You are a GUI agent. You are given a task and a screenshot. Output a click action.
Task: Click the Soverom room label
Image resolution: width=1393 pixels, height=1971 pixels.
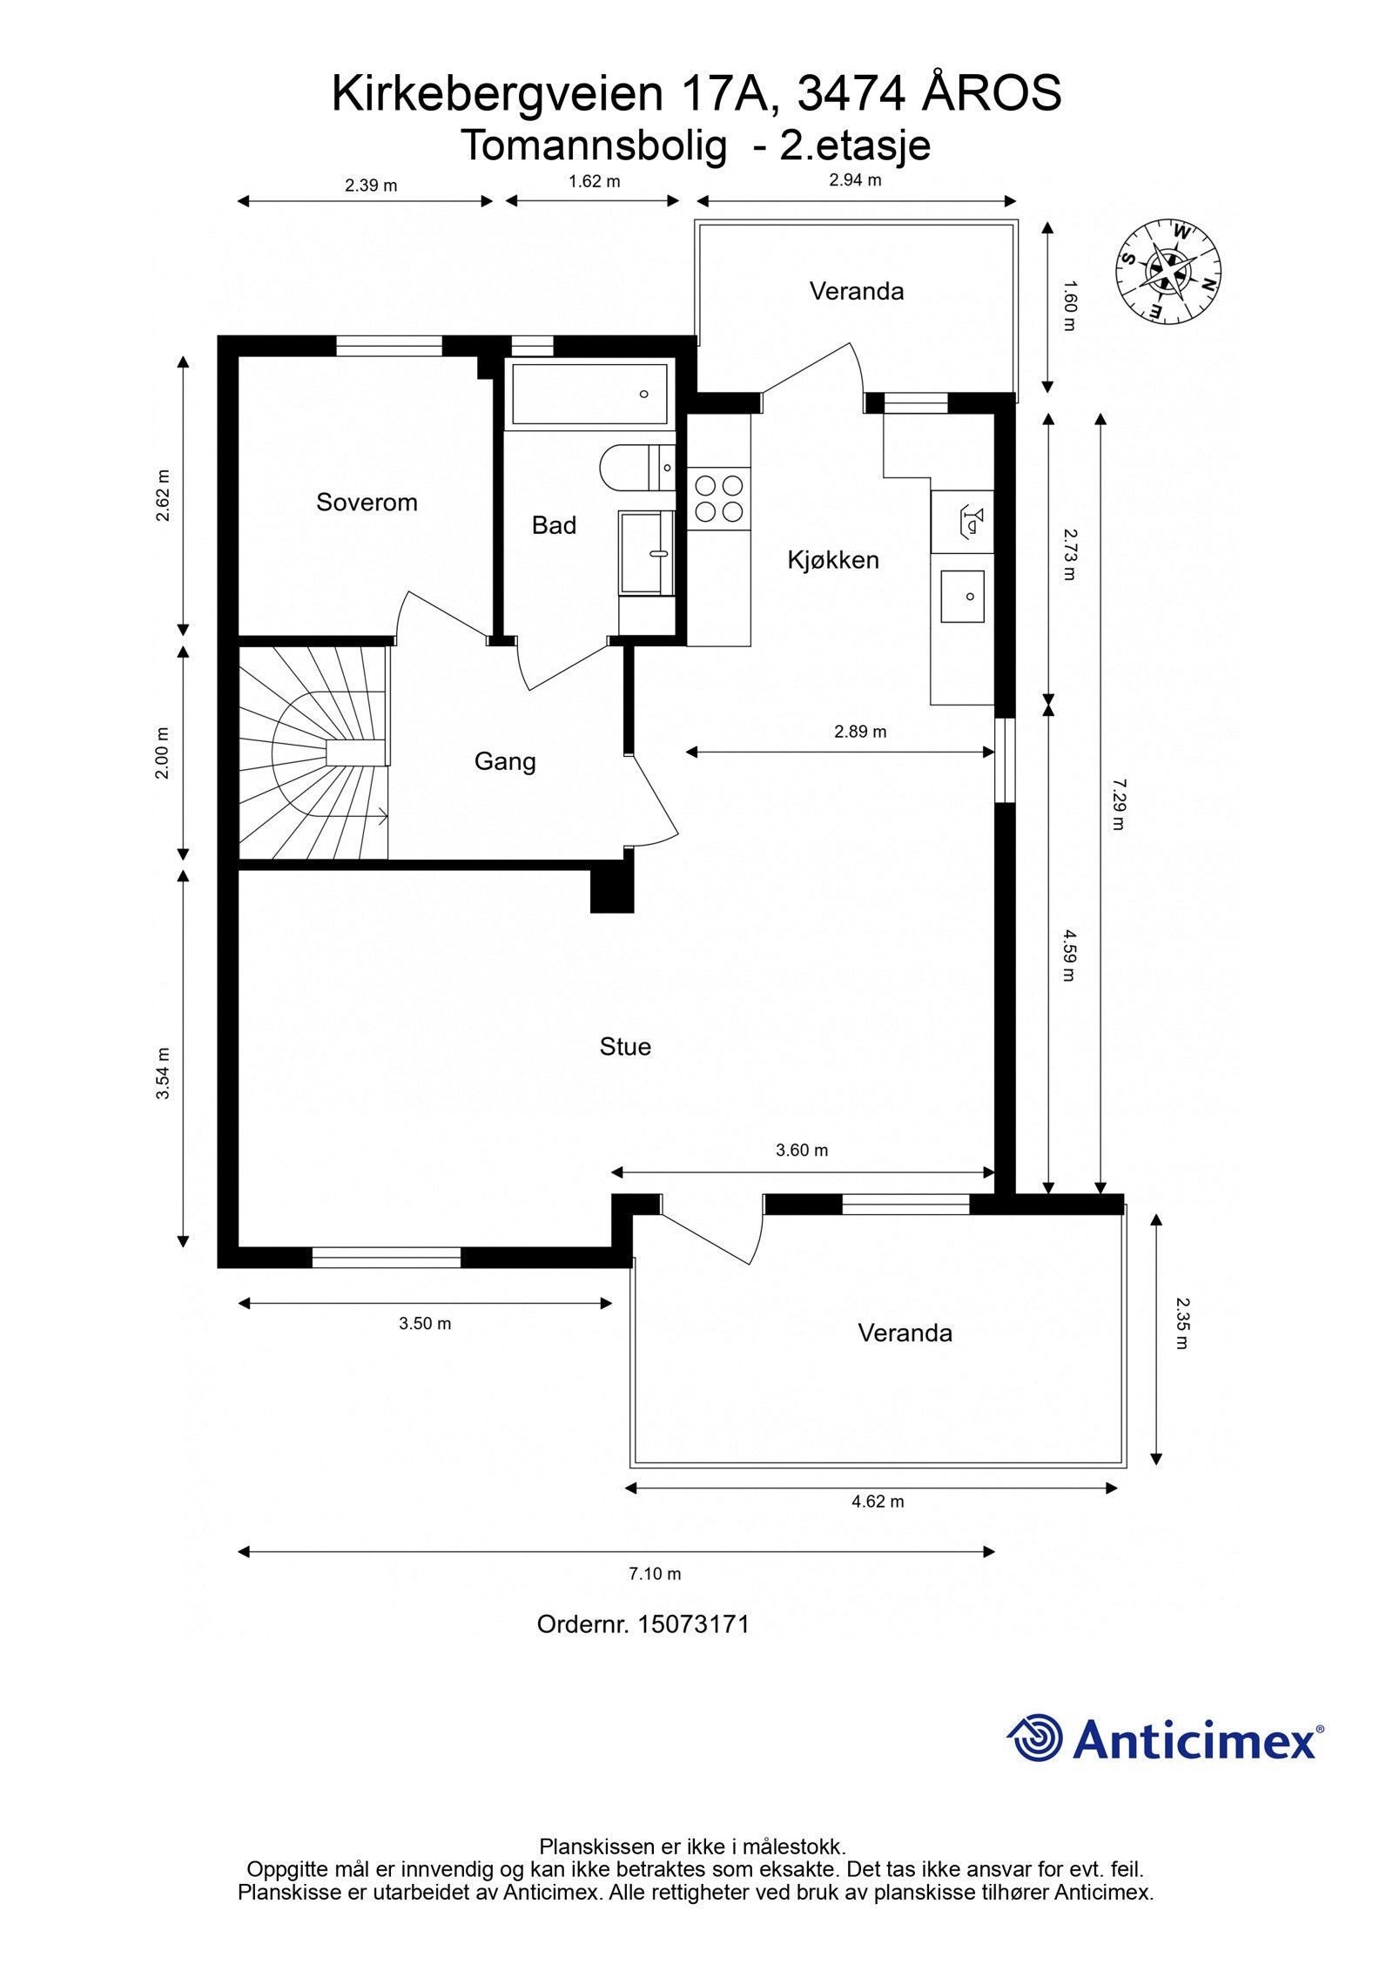point(367,503)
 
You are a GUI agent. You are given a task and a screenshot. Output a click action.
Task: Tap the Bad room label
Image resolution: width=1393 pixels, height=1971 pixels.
point(554,525)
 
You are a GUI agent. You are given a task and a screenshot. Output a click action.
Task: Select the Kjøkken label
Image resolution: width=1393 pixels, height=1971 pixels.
point(833,560)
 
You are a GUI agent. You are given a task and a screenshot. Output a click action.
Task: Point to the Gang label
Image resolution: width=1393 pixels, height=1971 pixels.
point(505,762)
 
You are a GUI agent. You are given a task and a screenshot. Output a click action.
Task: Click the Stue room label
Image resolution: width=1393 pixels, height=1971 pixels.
point(625,1046)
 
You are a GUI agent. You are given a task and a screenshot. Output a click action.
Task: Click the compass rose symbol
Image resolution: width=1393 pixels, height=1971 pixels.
point(1168,272)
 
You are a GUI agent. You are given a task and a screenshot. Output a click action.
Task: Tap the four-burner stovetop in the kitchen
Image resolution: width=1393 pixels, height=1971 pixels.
point(719,499)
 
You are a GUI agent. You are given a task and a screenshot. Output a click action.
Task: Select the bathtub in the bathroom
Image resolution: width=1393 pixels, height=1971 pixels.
point(589,395)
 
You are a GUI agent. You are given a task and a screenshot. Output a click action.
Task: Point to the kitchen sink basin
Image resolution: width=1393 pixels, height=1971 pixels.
point(962,597)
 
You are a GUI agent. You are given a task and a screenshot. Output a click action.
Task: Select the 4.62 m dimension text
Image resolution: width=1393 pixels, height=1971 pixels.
point(878,1502)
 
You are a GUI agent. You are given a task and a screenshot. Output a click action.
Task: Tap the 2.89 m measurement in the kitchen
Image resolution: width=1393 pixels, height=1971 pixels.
point(860,732)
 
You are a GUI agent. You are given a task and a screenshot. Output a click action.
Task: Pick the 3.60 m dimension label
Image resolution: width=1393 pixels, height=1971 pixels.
point(802,1151)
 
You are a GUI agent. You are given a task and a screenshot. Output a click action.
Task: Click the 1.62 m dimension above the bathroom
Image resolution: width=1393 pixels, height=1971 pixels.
point(595,182)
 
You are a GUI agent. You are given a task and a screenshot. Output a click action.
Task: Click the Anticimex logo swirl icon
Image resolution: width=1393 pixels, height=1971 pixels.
point(1035,1738)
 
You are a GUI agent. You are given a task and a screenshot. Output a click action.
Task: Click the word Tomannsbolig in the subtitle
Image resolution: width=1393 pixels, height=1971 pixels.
point(594,146)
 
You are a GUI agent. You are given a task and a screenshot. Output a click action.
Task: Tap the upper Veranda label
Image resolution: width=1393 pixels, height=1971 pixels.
point(857,291)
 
